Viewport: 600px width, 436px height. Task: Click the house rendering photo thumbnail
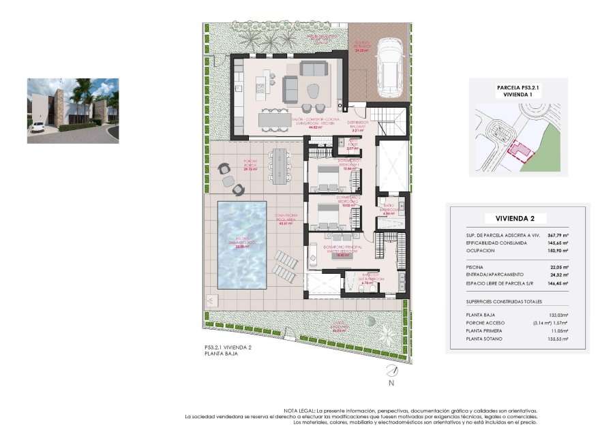(x=73, y=110)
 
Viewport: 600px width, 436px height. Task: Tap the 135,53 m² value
(x=557, y=339)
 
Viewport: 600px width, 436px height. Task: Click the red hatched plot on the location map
(x=522, y=151)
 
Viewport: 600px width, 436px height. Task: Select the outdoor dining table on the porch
(x=280, y=166)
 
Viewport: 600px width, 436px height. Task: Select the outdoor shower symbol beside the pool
(x=212, y=300)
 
